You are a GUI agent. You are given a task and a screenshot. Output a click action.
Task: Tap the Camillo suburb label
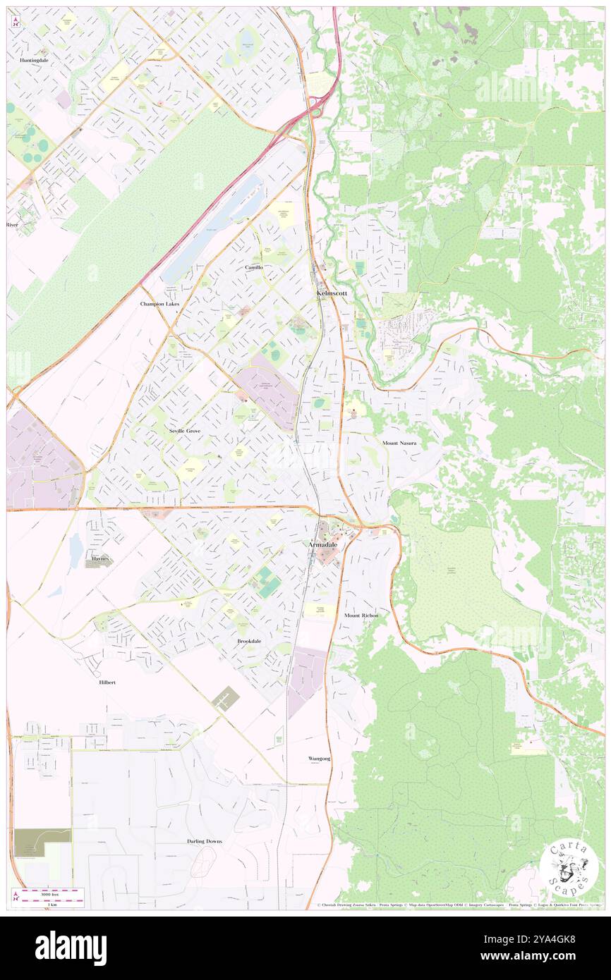coord(254,267)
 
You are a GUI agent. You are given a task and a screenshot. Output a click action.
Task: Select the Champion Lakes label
coord(159,304)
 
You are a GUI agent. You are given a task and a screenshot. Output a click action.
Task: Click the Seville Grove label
coord(185,430)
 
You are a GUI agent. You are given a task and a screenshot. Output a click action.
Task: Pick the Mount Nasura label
coord(399,443)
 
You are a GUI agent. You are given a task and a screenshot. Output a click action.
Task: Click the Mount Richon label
coord(361,615)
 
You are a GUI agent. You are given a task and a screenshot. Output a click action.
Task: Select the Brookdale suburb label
coord(249,641)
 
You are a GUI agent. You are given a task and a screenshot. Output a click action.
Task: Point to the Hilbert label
coord(107,682)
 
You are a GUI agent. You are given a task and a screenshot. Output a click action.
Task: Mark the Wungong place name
coord(319,759)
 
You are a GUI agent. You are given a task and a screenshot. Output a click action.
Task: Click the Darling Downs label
coord(205,841)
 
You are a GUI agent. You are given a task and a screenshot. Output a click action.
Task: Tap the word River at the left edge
coord(11,224)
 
